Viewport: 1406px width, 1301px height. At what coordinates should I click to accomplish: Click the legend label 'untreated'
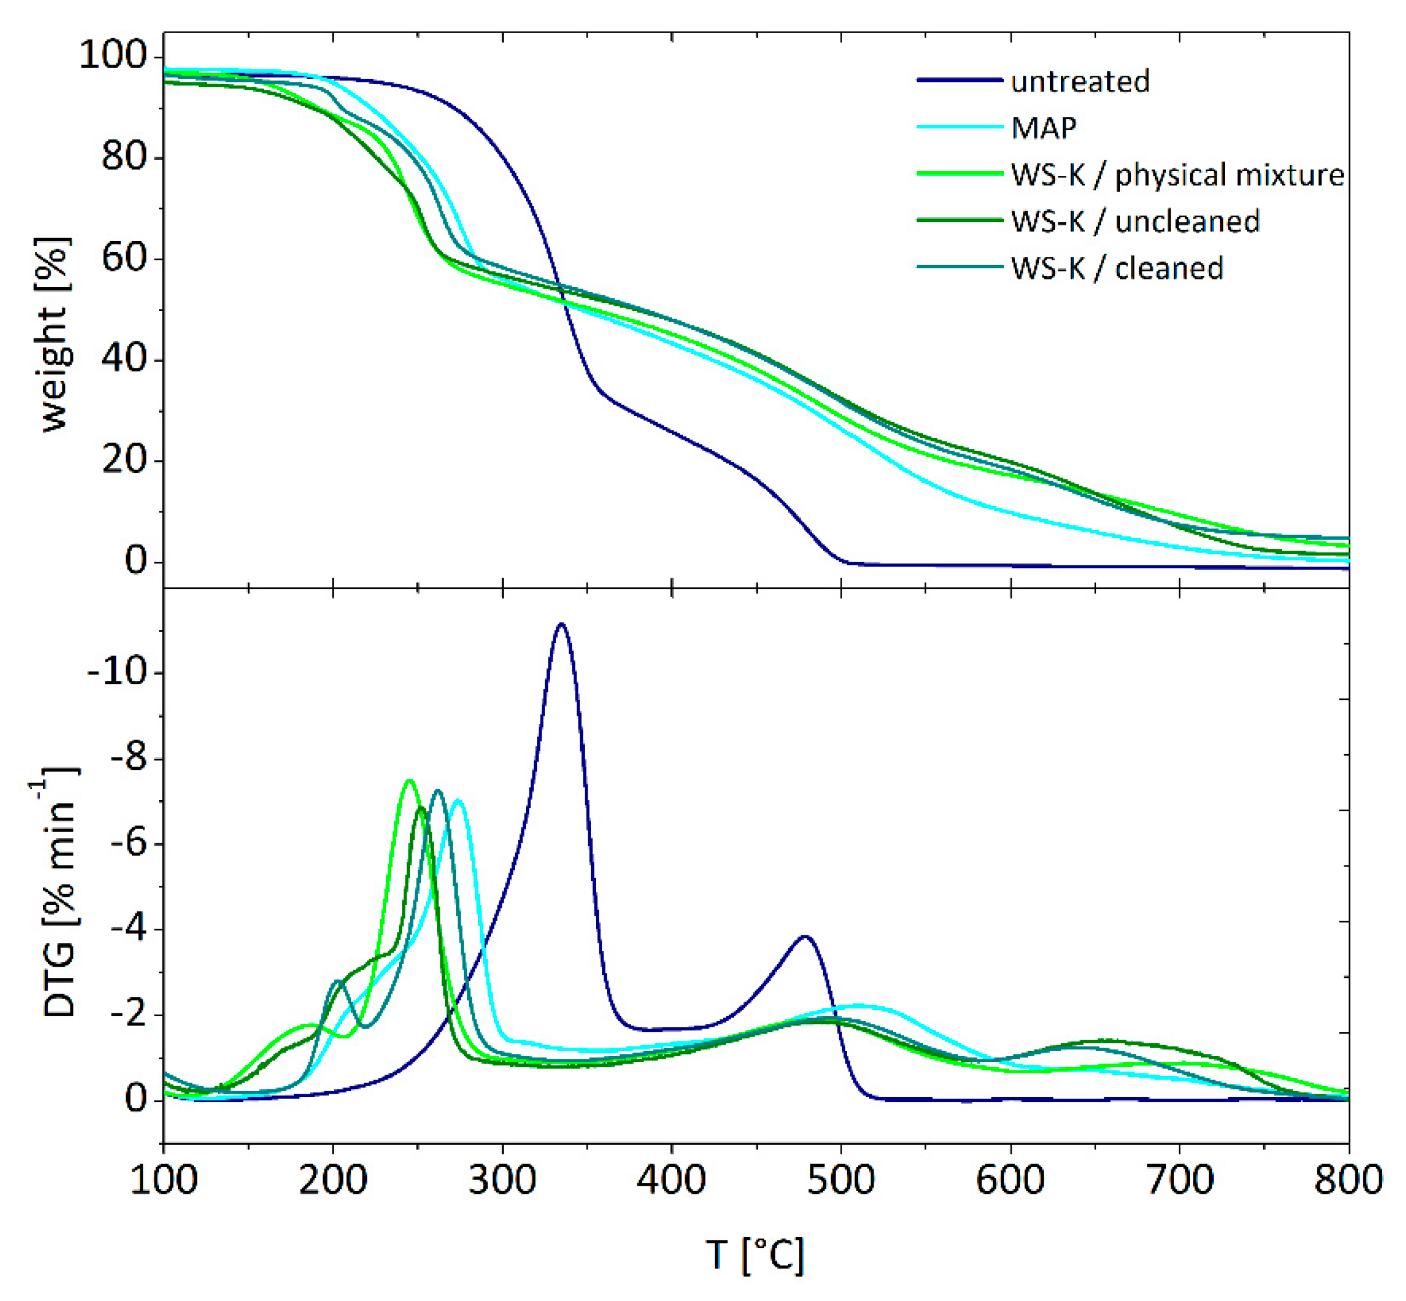[x=1079, y=82]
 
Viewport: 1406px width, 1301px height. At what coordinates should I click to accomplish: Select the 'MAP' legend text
[x=1043, y=128]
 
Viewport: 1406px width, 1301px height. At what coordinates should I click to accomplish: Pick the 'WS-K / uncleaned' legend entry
[x=1135, y=221]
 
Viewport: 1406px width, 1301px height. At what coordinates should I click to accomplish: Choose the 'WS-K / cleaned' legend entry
[x=1117, y=268]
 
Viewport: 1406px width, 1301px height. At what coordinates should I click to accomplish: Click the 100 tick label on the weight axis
[x=112, y=55]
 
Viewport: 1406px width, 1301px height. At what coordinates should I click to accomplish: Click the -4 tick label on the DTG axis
[x=127, y=929]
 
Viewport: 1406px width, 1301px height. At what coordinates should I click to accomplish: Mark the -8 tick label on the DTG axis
[x=127, y=759]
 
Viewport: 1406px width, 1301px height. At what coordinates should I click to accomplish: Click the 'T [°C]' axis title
[x=754, y=1254]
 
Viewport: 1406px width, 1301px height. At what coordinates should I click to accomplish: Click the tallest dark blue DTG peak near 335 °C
[x=561, y=624]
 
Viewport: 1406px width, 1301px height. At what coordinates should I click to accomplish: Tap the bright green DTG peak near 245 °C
[x=409, y=781]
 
